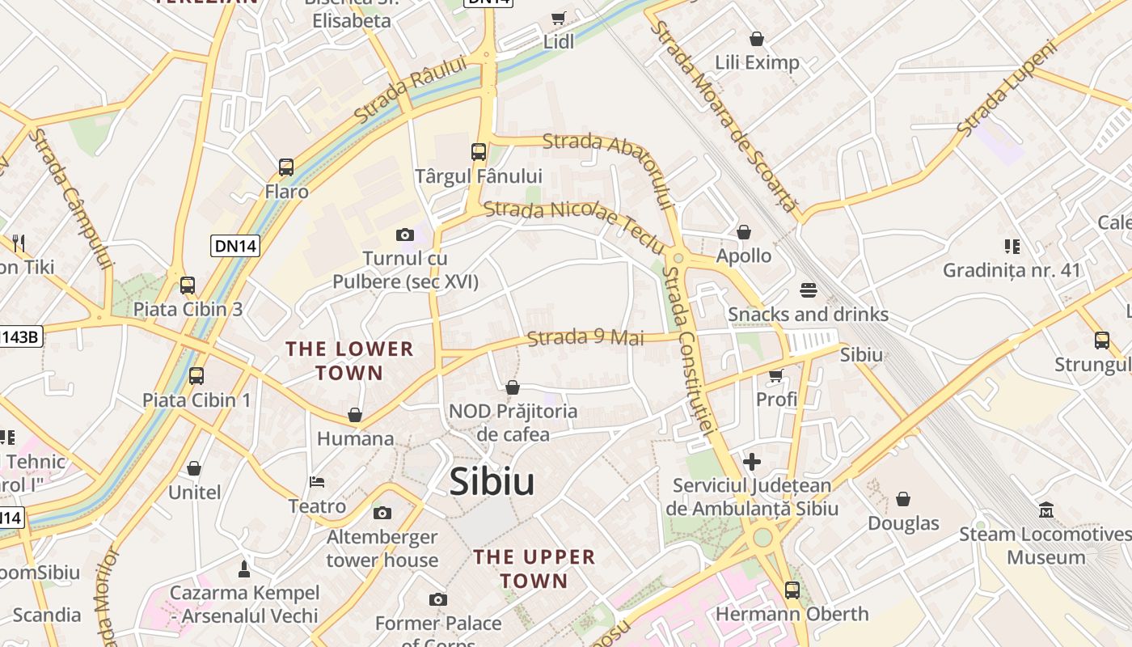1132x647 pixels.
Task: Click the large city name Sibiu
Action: [x=492, y=482]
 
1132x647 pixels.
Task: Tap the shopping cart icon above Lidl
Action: [x=558, y=18]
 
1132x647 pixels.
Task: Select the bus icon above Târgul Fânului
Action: [x=479, y=151]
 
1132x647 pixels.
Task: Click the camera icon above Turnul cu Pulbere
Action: [x=405, y=235]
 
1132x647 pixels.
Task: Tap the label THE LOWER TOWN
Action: [x=349, y=361]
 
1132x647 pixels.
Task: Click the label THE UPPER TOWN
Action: [x=534, y=569]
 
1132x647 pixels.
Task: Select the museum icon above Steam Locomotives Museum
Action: [x=1046, y=510]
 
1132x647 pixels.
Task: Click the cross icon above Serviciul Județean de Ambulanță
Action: [x=752, y=462]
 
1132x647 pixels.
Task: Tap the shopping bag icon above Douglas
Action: [x=903, y=499]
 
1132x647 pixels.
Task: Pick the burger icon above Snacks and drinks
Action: [x=809, y=290]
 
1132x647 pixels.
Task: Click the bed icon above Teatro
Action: [x=317, y=482]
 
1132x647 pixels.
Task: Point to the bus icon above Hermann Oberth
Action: [x=792, y=590]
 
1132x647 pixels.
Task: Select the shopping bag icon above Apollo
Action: [x=744, y=232]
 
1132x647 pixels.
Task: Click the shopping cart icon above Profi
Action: [x=776, y=375]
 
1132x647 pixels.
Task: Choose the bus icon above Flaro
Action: [x=286, y=167]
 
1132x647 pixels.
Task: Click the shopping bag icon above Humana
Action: [x=355, y=415]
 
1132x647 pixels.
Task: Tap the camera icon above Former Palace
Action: [x=438, y=599]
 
